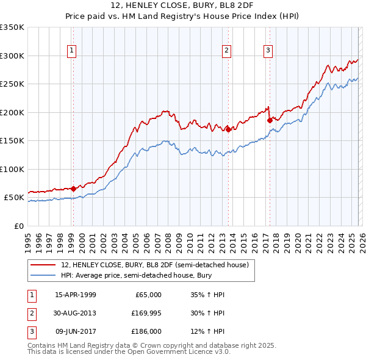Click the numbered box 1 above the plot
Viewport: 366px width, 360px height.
pyautogui.click(x=72, y=51)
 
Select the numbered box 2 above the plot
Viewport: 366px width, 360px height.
pyautogui.click(x=226, y=51)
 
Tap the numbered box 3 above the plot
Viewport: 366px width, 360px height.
pyautogui.click(x=268, y=51)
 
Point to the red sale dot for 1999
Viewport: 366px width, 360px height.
pyautogui.click(x=73, y=189)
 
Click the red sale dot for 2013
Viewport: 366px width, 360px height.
pyautogui.click(x=228, y=129)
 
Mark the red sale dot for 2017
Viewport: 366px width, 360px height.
pyautogui.click(x=269, y=120)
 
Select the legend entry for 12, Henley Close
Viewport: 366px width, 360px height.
pyautogui.click(x=154, y=265)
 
